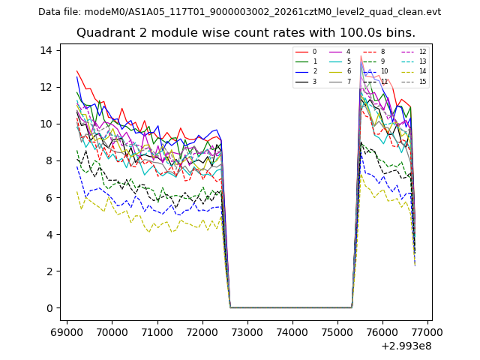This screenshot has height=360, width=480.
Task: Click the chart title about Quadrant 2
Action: (x=245, y=33)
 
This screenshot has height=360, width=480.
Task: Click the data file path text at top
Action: (x=239, y=12)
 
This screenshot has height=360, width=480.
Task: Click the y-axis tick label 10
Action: (x=47, y=124)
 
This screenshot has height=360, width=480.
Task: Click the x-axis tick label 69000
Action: (x=67, y=331)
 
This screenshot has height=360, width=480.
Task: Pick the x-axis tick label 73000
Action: (x=247, y=331)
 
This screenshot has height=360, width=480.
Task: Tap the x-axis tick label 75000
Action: (x=337, y=331)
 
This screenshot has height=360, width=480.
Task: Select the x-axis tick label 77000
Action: (x=428, y=331)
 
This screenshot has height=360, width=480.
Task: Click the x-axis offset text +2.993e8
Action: (x=406, y=346)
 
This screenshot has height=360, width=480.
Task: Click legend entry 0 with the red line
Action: (x=314, y=52)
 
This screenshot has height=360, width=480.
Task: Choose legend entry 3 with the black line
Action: (x=314, y=82)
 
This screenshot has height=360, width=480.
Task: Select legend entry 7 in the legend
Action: (x=348, y=82)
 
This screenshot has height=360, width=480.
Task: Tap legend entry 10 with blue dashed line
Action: (x=384, y=71)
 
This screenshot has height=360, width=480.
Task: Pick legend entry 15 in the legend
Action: (x=422, y=82)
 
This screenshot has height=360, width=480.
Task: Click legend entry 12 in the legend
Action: (x=422, y=52)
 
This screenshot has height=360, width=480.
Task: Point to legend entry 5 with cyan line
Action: (x=348, y=61)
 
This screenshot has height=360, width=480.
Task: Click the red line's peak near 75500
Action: (x=361, y=56)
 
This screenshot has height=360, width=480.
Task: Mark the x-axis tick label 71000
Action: (x=157, y=331)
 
